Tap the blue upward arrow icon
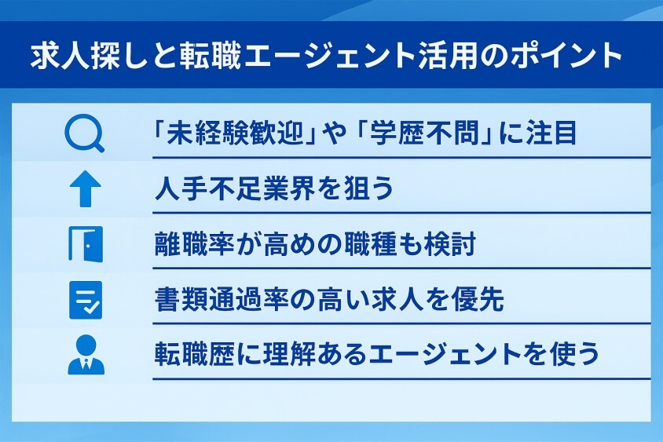(x=85, y=189)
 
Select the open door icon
(x=85, y=245)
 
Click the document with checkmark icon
(x=85, y=300)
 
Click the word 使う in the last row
(x=573, y=354)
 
